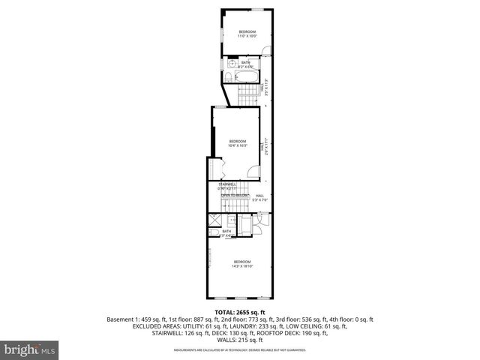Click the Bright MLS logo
point(31,349)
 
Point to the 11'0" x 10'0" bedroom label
point(247,34)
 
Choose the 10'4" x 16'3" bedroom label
point(238,144)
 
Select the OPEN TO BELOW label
point(235,195)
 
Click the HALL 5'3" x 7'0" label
point(260,198)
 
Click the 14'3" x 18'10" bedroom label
point(242,263)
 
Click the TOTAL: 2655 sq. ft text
point(240,312)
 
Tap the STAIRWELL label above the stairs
point(227,185)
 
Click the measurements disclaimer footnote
point(240,350)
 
